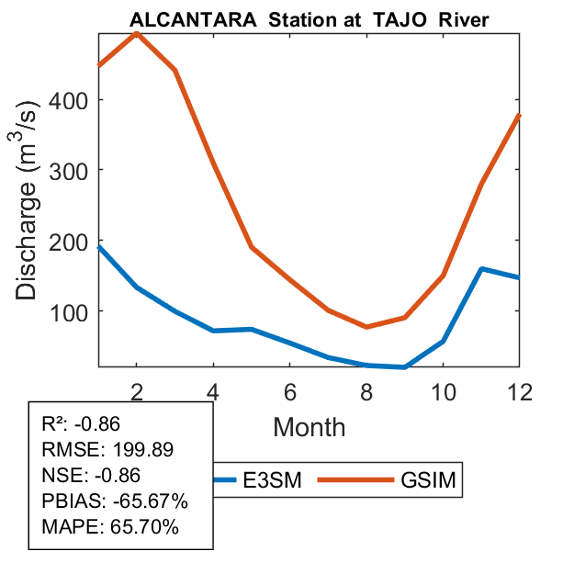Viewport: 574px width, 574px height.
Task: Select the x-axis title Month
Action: tap(309, 427)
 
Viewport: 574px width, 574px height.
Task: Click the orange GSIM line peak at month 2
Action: tap(137, 33)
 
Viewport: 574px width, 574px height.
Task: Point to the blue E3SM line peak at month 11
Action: tap(481, 269)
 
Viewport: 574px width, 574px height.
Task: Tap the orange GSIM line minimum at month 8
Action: tap(366, 326)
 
